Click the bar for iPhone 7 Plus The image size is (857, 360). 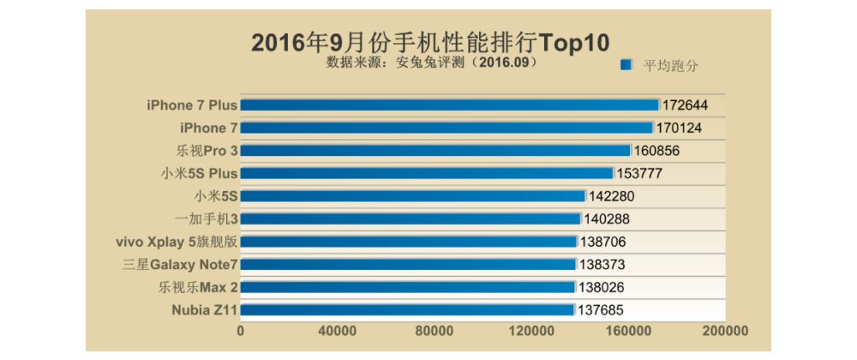(x=449, y=105)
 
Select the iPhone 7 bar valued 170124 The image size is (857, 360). (x=446, y=128)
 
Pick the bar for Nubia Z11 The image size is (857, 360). (x=407, y=309)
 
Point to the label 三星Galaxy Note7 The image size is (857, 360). (x=179, y=264)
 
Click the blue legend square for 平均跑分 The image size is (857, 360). (x=626, y=65)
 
